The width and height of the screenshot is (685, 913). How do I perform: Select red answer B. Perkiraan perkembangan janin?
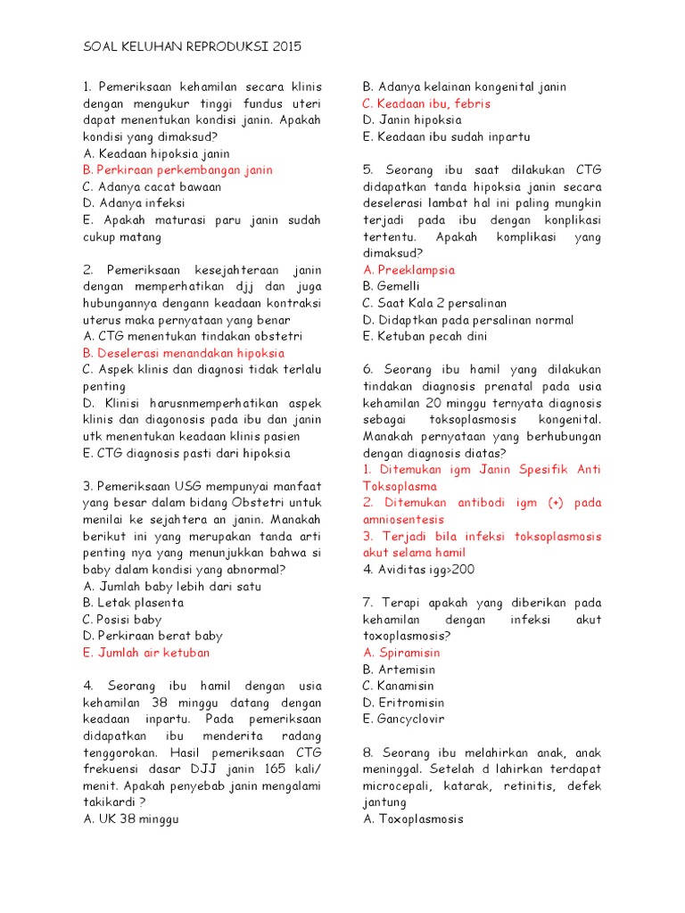pyautogui.click(x=177, y=170)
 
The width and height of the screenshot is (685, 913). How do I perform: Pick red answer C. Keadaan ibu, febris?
pyautogui.click(x=426, y=103)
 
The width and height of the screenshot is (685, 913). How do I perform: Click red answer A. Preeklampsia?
pyautogui.click(x=409, y=270)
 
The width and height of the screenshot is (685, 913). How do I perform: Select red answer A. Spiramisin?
pyautogui.click(x=401, y=653)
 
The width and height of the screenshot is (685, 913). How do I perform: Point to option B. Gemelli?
pyautogui.click(x=391, y=286)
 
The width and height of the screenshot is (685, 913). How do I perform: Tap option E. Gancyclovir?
pyautogui.click(x=403, y=719)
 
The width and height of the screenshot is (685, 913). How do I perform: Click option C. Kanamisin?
pyautogui.click(x=399, y=686)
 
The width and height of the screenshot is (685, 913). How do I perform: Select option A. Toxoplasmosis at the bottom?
pyautogui.click(x=413, y=818)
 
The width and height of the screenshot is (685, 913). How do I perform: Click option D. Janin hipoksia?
pyautogui.click(x=412, y=119)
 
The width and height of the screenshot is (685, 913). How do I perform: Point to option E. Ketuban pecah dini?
pyautogui.click(x=425, y=336)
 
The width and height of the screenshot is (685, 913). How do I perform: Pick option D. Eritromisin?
pyautogui.click(x=402, y=703)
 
